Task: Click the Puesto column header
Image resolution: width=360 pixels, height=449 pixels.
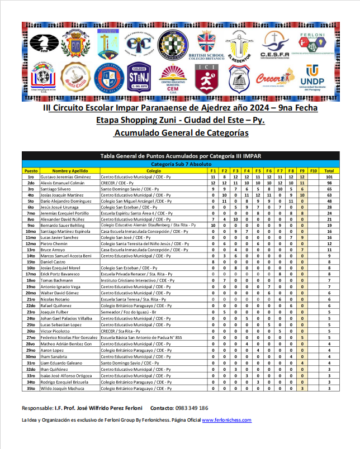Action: pos(31,170)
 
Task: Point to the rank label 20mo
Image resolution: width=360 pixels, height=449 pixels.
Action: pos(31,292)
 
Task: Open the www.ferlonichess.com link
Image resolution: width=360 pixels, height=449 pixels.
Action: pos(226,420)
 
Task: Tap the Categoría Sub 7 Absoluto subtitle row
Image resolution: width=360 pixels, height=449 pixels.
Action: pos(180,164)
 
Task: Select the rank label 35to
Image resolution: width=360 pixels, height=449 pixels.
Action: pos(31,388)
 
